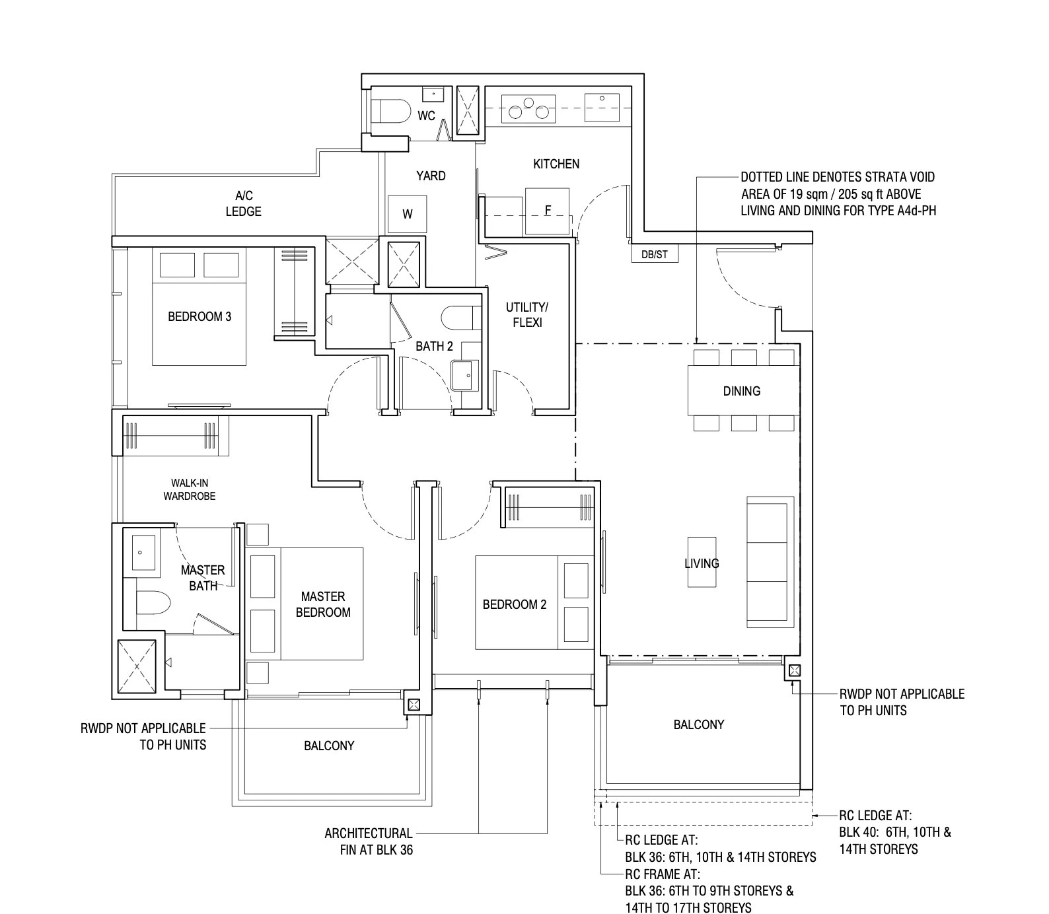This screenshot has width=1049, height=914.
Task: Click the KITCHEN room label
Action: click(x=556, y=164)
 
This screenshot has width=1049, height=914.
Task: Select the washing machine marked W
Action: click(x=408, y=214)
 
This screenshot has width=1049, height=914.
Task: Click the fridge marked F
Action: click(x=547, y=210)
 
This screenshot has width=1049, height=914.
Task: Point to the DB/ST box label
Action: click(x=654, y=254)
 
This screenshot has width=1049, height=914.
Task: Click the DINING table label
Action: click(x=741, y=391)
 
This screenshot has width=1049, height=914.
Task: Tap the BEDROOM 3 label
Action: click(x=199, y=316)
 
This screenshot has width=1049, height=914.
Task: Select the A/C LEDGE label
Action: click(x=244, y=203)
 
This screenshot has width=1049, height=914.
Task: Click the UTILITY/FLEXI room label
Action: click(x=527, y=315)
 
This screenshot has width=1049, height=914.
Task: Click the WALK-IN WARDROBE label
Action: click(x=190, y=489)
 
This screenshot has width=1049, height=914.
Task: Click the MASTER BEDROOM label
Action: click(x=323, y=604)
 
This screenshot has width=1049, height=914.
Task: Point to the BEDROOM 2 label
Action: click(x=515, y=604)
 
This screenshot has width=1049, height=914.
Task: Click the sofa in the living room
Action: click(x=766, y=561)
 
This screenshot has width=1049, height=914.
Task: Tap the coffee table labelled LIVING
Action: click(x=702, y=563)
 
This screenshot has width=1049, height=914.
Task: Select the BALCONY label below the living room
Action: click(x=699, y=724)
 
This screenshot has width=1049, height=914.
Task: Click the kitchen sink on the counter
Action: click(x=602, y=107)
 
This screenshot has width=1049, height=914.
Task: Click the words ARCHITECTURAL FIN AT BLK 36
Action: click(x=369, y=841)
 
